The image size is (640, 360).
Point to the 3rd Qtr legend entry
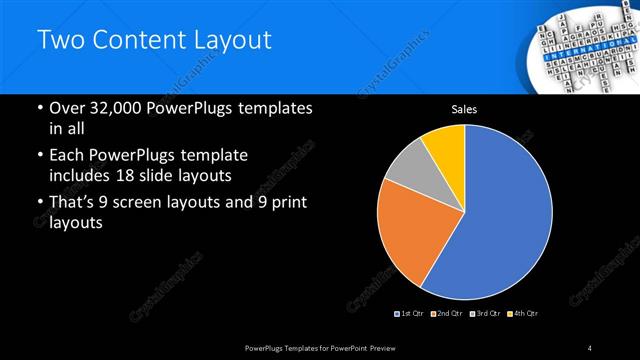click(x=488, y=314)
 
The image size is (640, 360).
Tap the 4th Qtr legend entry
click(x=525, y=314)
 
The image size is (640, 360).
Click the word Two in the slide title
click(x=59, y=41)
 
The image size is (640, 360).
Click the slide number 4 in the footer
click(x=591, y=347)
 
